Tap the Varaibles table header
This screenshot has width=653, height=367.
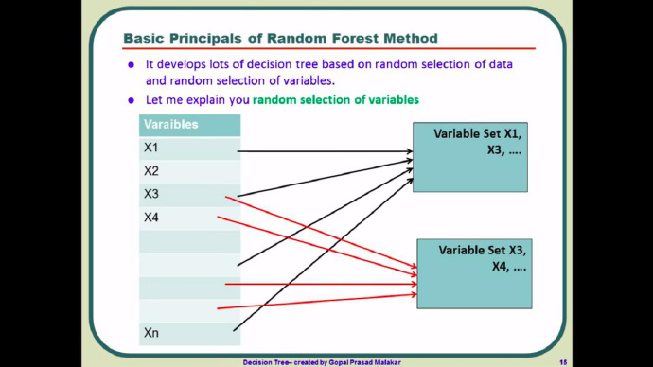coord(189,125)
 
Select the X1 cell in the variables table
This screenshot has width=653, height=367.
coord(189,149)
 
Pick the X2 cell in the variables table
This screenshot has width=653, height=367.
coord(189,171)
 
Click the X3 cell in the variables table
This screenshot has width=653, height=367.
coord(189,195)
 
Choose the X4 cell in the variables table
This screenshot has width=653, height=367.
coord(189,218)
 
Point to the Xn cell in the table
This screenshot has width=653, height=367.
coord(189,333)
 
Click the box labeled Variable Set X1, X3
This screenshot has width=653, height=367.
coord(470,157)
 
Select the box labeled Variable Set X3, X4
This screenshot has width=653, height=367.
coord(474,273)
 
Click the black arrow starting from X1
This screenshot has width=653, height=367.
coord(325,151)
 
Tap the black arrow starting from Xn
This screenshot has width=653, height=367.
coord(323,254)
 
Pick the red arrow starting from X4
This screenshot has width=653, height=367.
coord(317,246)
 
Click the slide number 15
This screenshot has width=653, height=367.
coord(563,362)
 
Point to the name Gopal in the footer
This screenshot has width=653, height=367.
coord(339,362)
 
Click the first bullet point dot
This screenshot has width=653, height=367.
coord(132,65)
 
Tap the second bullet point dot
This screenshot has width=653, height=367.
coord(132,100)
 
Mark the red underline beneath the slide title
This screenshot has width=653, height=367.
coord(328,48)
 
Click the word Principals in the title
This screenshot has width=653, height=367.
coord(205,39)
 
